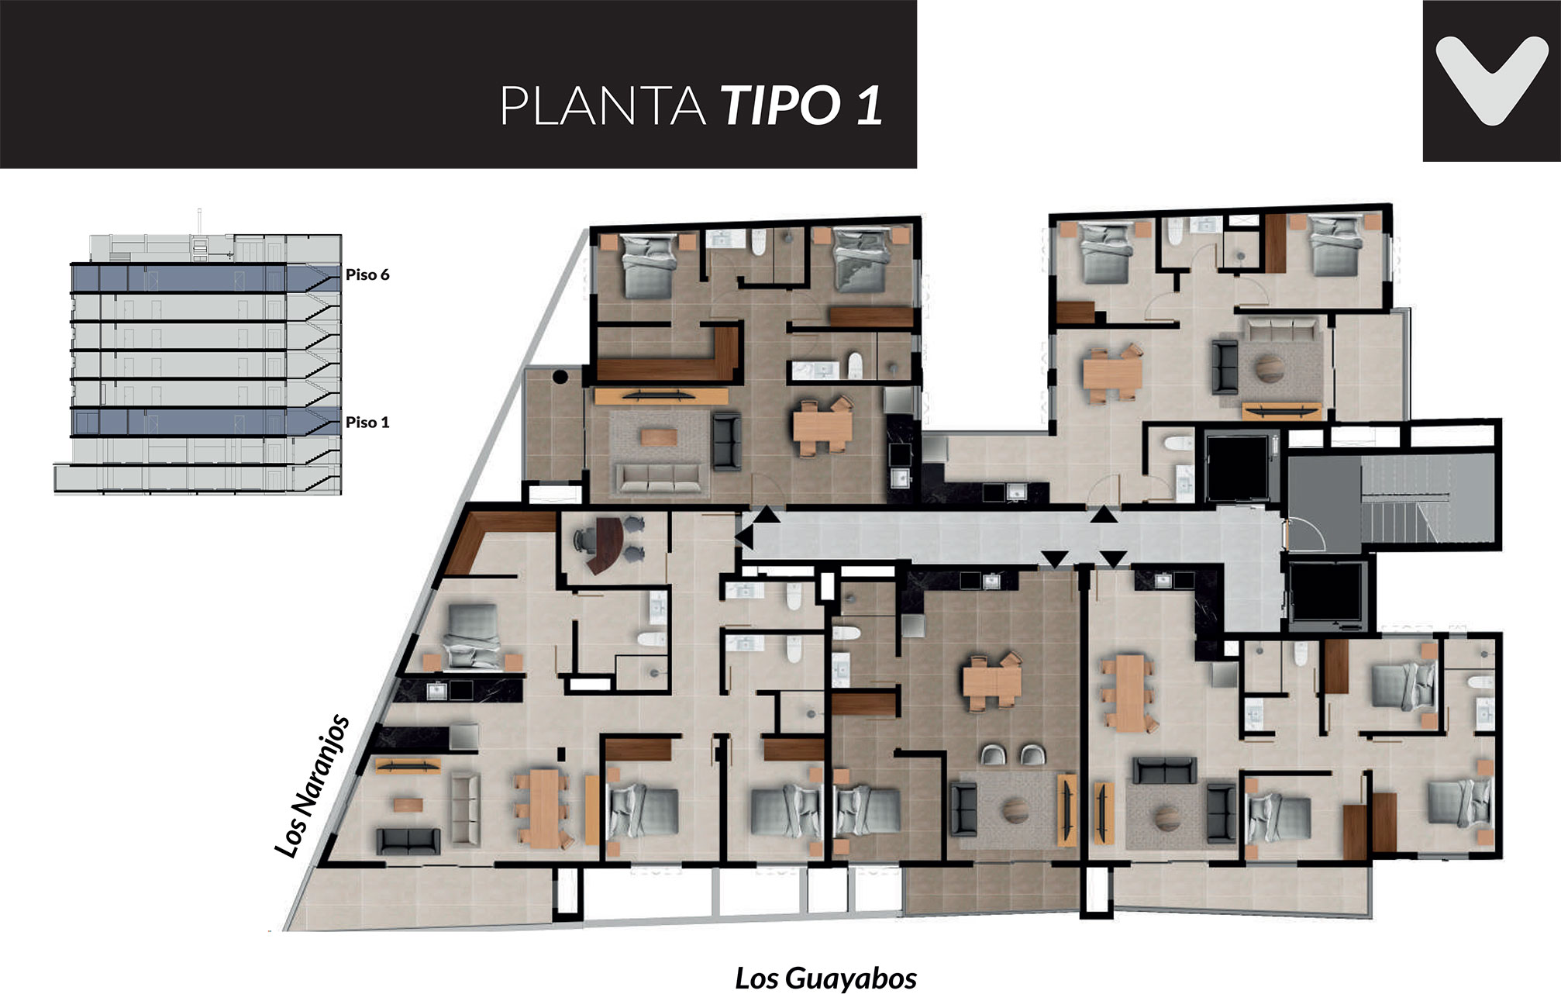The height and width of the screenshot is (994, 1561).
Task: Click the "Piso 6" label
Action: coord(367,275)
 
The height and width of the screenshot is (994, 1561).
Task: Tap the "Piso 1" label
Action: coord(367,423)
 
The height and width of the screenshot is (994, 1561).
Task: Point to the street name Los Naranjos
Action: coord(312,786)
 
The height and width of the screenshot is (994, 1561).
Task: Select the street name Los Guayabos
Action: coord(825,978)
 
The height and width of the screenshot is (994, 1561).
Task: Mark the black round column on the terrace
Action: coord(560,378)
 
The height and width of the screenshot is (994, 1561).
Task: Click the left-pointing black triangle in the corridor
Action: coord(744,536)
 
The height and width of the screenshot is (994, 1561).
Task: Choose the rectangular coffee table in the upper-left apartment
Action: coord(658,437)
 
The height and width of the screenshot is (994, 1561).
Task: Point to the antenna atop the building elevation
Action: coord(199,221)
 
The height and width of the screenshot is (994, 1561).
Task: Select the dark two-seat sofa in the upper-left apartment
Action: coord(726,441)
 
